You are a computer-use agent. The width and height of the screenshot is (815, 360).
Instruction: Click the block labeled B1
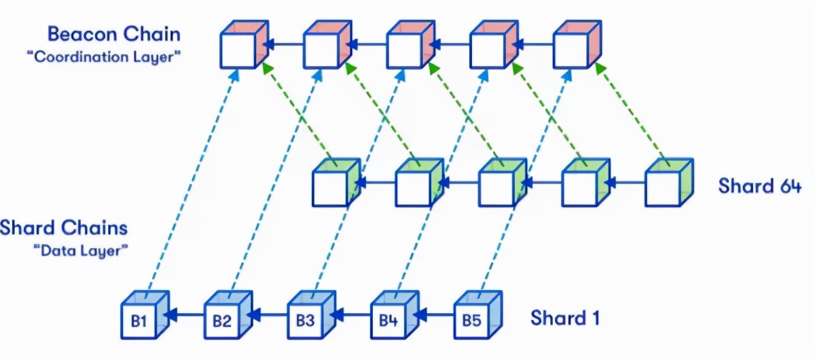coord(145,315)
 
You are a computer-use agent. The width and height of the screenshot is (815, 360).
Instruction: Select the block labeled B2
coord(228,315)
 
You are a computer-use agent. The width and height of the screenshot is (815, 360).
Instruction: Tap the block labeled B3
coord(312,315)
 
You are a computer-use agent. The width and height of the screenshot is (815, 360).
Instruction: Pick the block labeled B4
coord(395,315)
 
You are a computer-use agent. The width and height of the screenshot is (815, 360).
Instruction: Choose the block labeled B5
coord(478,315)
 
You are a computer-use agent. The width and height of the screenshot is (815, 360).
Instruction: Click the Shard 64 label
coord(760,185)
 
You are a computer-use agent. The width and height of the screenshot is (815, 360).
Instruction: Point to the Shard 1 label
coord(565,318)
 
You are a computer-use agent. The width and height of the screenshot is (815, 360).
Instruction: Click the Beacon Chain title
coord(114,34)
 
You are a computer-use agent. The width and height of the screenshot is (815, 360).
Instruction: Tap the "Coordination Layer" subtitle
coord(104,57)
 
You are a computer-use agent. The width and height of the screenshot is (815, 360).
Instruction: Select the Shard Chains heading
coord(64,228)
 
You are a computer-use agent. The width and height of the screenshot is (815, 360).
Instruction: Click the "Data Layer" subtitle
coord(81,251)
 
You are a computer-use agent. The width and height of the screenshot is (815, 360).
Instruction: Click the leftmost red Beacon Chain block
coord(244,44)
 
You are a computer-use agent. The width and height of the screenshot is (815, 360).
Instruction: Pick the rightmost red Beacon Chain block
coord(577,44)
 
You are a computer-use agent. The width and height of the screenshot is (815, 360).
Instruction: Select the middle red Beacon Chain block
coord(411,44)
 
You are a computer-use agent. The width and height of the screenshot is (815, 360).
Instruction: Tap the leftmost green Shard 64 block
coord(337,182)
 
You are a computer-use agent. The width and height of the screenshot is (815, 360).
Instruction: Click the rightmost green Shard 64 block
coord(670,182)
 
